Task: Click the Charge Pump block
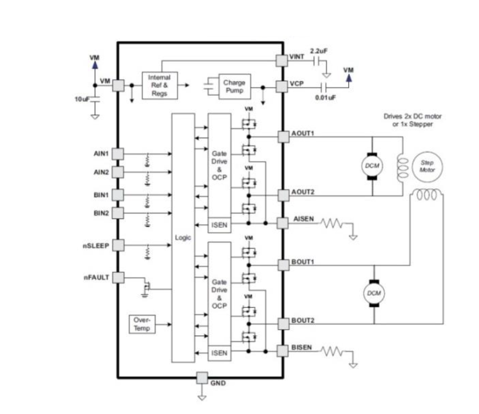coord(234,87)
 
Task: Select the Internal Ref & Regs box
coord(159,85)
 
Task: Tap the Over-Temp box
coord(142,324)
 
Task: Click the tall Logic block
coord(184,238)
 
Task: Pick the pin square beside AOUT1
coord(283,136)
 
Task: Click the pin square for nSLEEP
coord(118,245)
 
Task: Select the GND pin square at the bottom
coord(202,377)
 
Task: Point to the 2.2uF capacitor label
coord(318,51)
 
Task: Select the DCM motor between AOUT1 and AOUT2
coord(372,166)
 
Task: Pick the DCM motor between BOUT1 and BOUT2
coord(374,293)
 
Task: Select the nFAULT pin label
coord(96,277)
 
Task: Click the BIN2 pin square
coord(118,213)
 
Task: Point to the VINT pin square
coord(282,61)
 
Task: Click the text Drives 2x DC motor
coord(412,116)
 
